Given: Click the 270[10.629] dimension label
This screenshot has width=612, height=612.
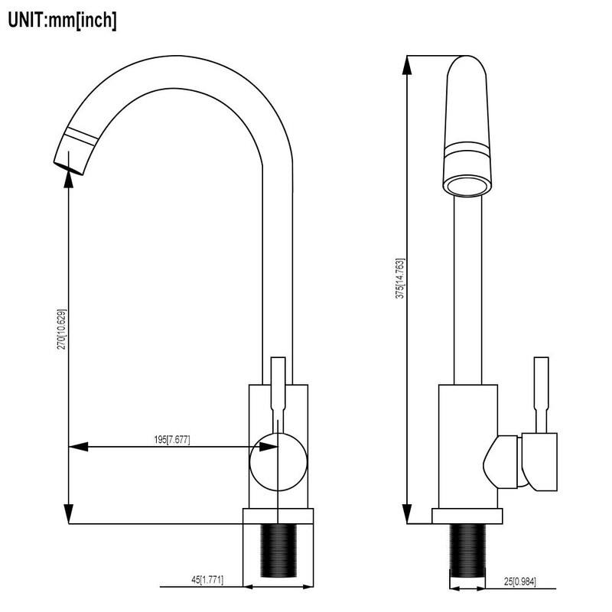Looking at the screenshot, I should pos(61,330).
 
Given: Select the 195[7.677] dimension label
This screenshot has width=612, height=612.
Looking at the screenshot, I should pos(171,439).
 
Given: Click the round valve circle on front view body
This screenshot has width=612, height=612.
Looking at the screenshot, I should pos(278,461).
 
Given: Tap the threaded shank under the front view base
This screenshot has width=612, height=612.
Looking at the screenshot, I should pos(278,550).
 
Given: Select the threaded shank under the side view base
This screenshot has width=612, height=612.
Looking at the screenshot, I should pos(467,550).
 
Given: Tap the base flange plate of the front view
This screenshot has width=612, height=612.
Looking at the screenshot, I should pos(278,516).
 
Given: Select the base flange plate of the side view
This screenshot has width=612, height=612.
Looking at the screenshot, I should pos(467,516).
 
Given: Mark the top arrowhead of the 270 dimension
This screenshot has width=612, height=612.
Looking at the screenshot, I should pos(70,174).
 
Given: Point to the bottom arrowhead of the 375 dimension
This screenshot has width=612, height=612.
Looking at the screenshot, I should pos(408,516).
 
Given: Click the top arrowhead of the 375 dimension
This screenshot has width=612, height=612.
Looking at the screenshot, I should pos(408,63).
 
